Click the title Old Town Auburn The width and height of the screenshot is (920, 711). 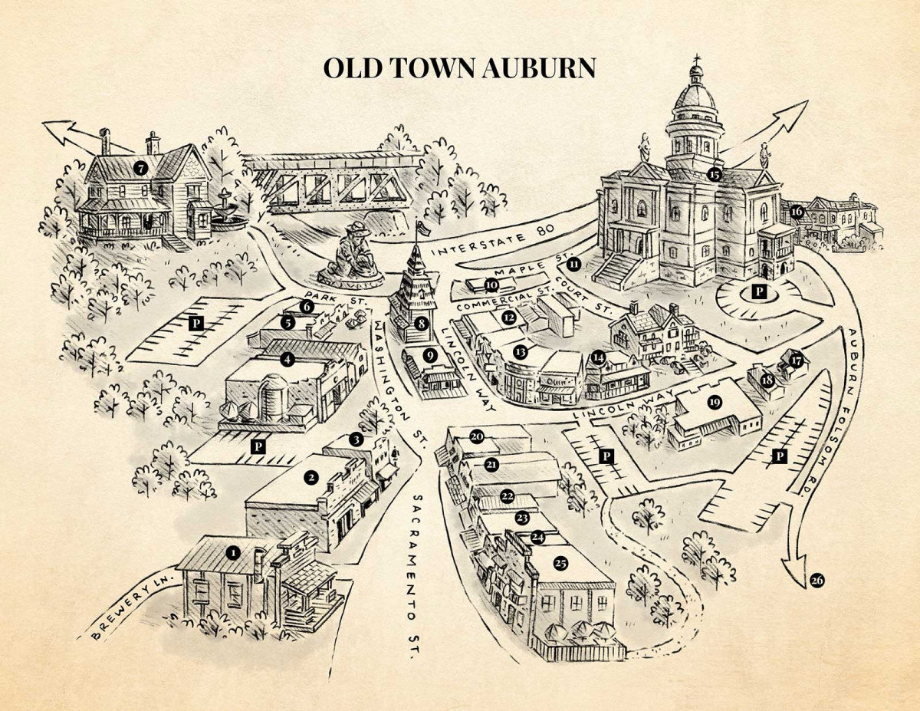click(x=459, y=67)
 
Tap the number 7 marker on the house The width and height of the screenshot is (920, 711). click(x=140, y=166)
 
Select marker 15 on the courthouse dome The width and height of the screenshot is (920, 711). click(x=715, y=174)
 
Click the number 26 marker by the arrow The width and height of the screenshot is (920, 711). click(x=816, y=581)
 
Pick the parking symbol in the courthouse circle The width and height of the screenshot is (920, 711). click(x=758, y=291)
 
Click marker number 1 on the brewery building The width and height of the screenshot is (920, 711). click(x=234, y=551)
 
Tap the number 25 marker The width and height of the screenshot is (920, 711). click(x=560, y=563)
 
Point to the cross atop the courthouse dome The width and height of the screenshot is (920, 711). click(x=695, y=61)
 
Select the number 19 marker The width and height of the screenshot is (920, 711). click(x=715, y=402)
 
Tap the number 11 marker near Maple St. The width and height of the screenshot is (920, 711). click(x=573, y=265)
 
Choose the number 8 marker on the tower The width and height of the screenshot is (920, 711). click(x=420, y=324)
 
